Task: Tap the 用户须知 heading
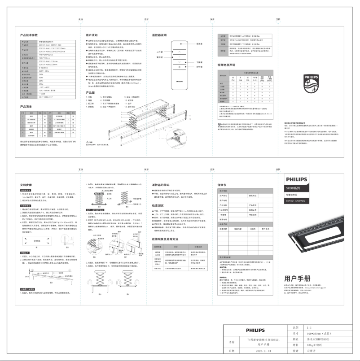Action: [x=92, y=35]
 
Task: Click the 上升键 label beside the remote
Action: [x=159, y=53]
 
